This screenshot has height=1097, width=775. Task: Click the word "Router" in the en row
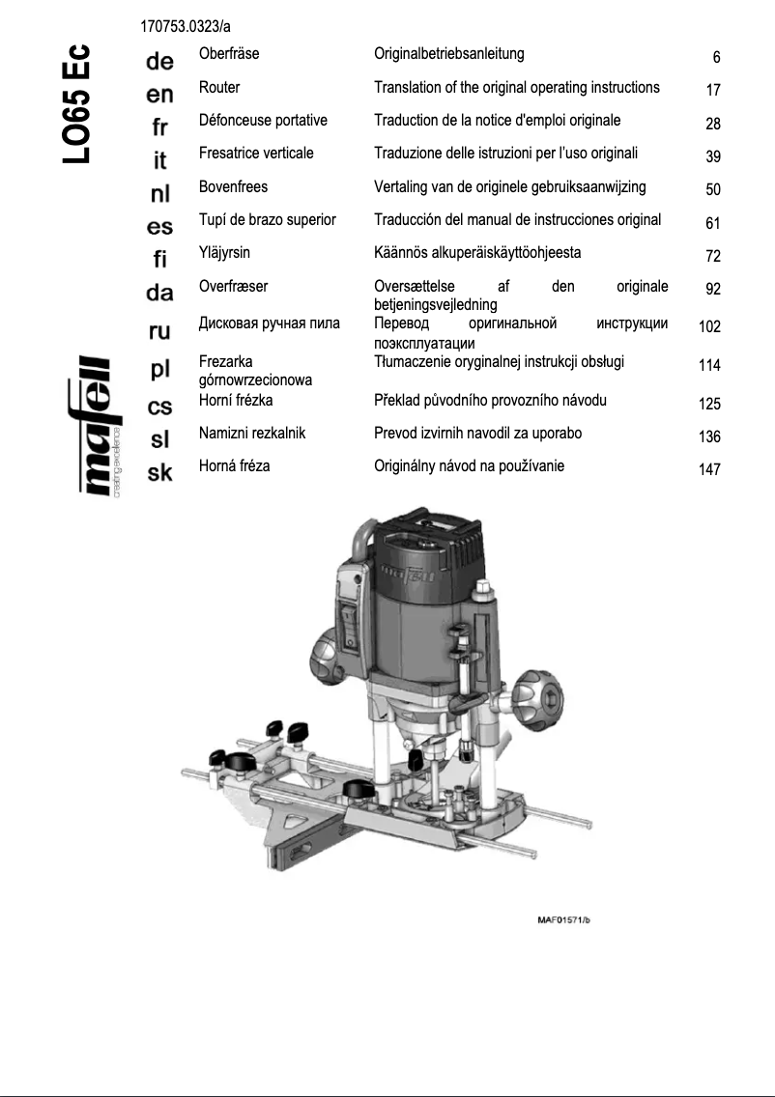pos(219,87)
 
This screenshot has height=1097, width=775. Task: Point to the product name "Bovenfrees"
pos(233,186)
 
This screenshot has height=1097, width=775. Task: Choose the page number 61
pos(713,224)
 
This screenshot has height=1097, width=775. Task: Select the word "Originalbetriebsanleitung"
pos(449,54)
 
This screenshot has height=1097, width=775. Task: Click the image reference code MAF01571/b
pos(563,917)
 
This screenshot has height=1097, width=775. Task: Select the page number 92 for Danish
pos(713,289)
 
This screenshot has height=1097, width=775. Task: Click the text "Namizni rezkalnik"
pos(251,433)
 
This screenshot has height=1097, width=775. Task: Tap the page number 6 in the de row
pos(716,57)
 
